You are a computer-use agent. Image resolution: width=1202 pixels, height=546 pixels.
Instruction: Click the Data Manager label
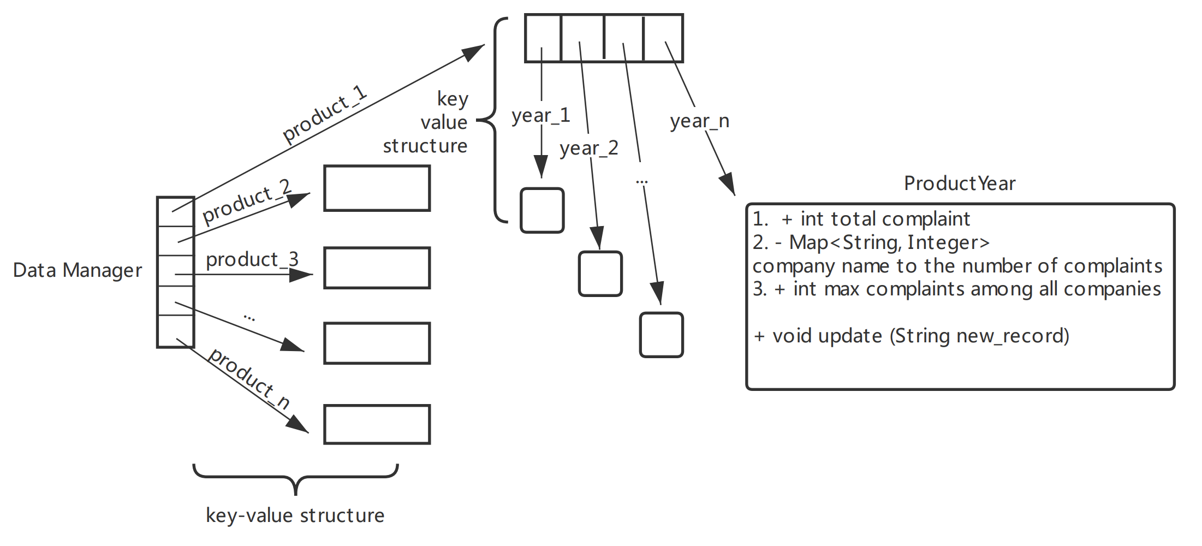point(77,270)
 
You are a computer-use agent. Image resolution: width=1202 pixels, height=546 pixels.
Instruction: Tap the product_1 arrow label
point(325,114)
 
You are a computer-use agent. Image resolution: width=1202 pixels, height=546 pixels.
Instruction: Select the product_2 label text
point(246,201)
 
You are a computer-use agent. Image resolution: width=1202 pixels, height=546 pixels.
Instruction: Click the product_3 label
point(252,259)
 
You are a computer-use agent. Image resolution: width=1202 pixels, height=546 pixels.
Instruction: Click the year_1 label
point(540,116)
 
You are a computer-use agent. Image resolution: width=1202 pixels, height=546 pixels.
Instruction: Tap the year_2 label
point(588,148)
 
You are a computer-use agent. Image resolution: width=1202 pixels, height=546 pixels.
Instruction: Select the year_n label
point(699,121)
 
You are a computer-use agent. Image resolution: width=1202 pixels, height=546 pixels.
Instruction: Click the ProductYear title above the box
point(959,183)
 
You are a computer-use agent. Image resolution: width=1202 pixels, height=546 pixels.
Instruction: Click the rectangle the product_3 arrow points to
point(377,268)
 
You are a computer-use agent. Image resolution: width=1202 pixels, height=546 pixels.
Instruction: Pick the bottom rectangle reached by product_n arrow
point(377,424)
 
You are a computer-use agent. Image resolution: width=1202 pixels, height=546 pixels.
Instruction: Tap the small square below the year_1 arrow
point(542,211)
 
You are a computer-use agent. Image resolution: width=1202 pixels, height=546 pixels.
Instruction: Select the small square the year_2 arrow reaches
point(600,274)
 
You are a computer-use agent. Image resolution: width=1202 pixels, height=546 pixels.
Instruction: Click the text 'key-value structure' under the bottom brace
point(295,515)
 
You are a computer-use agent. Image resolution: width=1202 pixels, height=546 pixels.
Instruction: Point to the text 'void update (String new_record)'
point(920,336)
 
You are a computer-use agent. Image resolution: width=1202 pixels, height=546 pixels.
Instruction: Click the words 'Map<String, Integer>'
point(889,242)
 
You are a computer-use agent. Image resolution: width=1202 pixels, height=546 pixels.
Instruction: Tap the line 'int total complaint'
point(885,219)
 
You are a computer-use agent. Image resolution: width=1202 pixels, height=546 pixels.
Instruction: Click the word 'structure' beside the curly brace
point(425,146)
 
